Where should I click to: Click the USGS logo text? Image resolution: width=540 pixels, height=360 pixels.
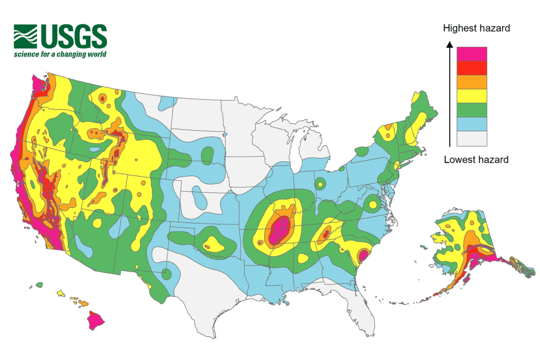click(x=73, y=36)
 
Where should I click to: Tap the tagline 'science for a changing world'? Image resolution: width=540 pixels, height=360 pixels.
click(x=60, y=54)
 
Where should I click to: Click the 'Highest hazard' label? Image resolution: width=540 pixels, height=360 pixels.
click(x=476, y=28)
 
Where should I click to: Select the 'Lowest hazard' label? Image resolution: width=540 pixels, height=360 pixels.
click(x=476, y=159)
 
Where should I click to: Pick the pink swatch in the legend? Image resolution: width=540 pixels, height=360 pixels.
click(x=472, y=54)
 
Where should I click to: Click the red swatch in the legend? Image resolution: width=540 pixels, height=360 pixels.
click(x=472, y=68)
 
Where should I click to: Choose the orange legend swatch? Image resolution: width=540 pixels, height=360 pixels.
click(x=472, y=82)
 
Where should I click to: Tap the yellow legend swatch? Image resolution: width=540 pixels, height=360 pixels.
click(x=472, y=96)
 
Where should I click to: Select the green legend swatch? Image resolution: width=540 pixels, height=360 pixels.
click(x=472, y=110)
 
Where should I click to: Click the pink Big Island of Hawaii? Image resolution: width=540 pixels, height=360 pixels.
click(x=96, y=319)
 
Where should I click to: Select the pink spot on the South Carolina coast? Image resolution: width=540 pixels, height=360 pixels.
click(x=363, y=256)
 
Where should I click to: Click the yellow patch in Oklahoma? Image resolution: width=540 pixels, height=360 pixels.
click(x=213, y=244)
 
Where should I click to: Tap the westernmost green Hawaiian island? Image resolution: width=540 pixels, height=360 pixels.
click(x=39, y=285)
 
